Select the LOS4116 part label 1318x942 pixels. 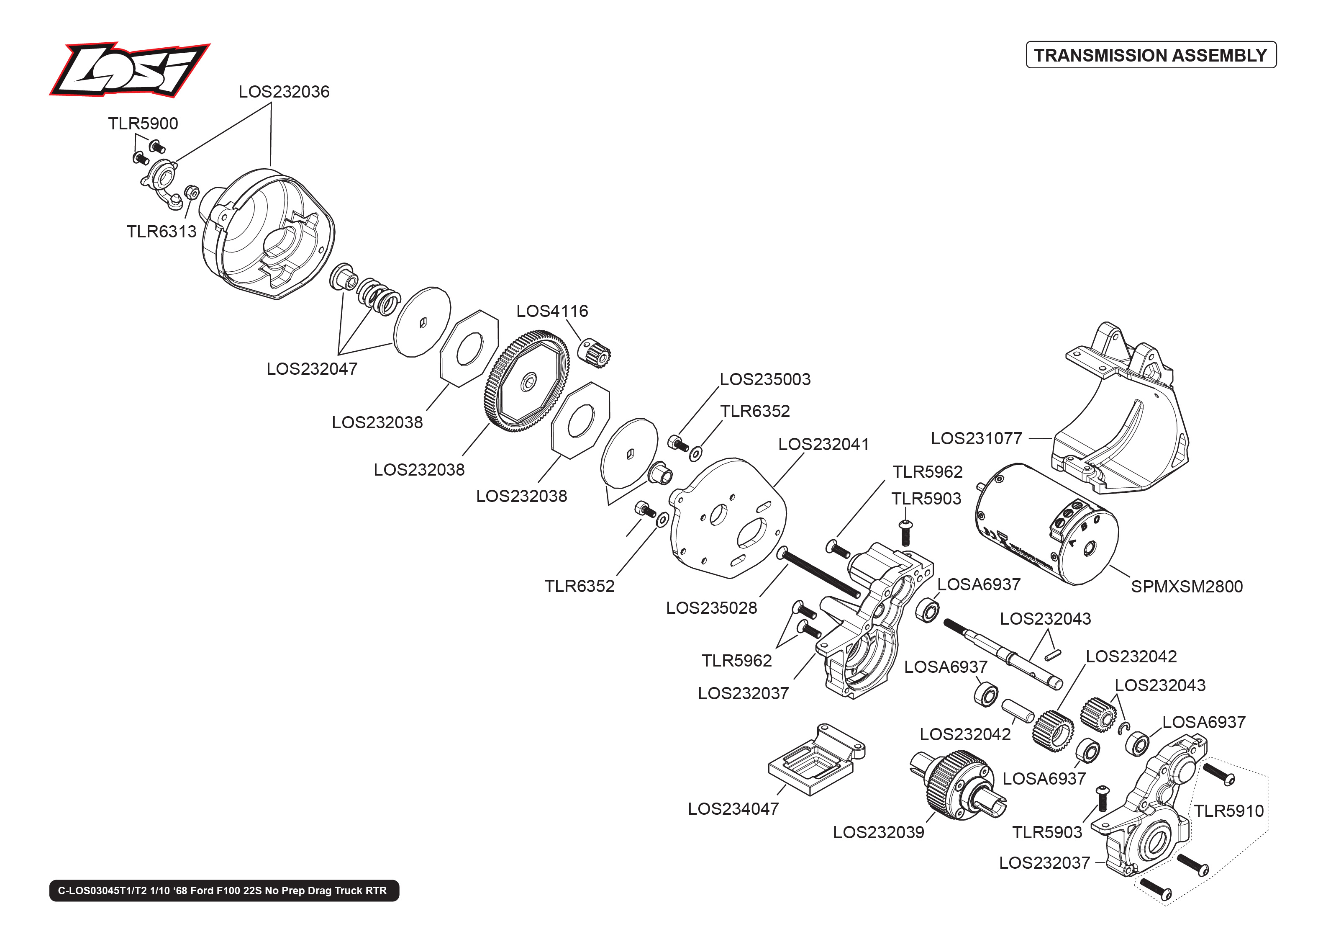tap(552, 311)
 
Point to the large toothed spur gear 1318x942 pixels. tap(526, 381)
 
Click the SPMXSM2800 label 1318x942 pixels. tap(1187, 587)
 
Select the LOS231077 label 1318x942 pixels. tap(976, 438)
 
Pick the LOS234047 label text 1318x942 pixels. tap(733, 809)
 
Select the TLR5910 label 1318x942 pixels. tap(1228, 811)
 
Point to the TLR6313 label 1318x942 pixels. tap(161, 232)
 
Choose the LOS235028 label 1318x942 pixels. tap(711, 608)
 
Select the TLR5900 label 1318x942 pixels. tap(143, 124)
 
